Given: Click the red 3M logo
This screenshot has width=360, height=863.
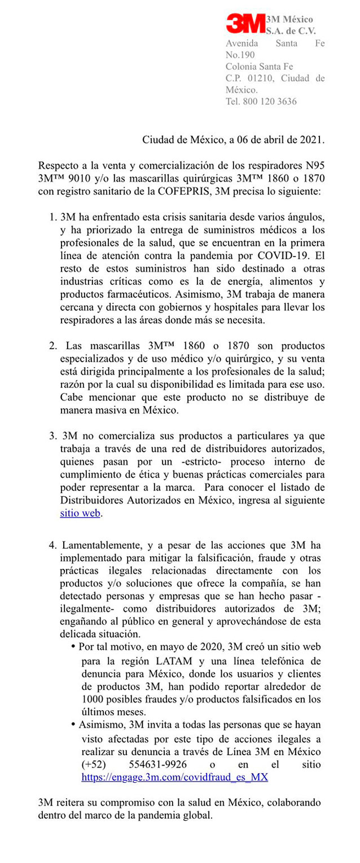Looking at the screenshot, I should pyautogui.click(x=245, y=24).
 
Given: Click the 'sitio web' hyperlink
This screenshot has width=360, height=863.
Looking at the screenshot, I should pyautogui.click(x=81, y=513).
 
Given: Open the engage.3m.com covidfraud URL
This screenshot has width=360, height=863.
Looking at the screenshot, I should pyautogui.click(x=174, y=777).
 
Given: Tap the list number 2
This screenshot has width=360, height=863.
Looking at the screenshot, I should pyautogui.click(x=52, y=346).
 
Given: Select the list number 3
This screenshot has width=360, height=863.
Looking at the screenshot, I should pyautogui.click(x=52, y=436).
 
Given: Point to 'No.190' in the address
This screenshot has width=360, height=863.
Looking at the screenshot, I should pyautogui.click(x=240, y=55).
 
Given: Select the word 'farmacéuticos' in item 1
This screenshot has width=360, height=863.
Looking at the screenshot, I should pyautogui.click(x=141, y=294).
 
